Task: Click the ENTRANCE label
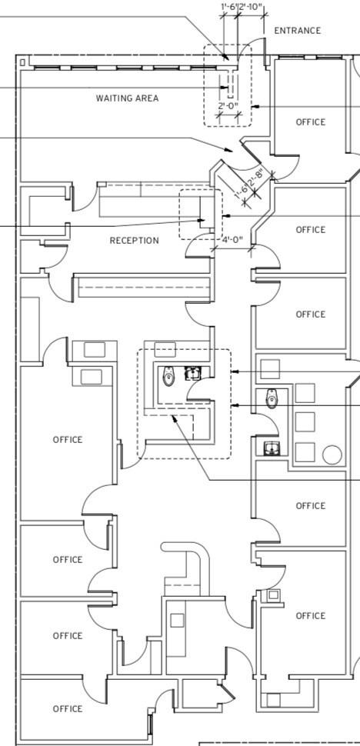pos(297,31)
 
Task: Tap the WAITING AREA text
pos(127,98)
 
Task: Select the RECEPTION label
pos(134,241)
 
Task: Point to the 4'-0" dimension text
pos(232,240)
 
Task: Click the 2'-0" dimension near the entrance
pos(228,106)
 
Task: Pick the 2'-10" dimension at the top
pos(251,7)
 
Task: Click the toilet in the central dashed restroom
pos(168,377)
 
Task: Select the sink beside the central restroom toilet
pos(192,374)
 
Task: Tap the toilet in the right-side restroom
pos(271,399)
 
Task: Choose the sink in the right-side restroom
pos(271,448)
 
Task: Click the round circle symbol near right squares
pos(332,454)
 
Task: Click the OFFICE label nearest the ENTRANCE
pos(310,122)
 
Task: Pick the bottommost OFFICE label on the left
pos(67,708)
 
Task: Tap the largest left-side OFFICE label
pos(67,440)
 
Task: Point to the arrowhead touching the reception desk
pos(202,221)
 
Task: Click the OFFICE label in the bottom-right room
pos(310,615)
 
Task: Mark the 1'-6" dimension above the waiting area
pos(228,7)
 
